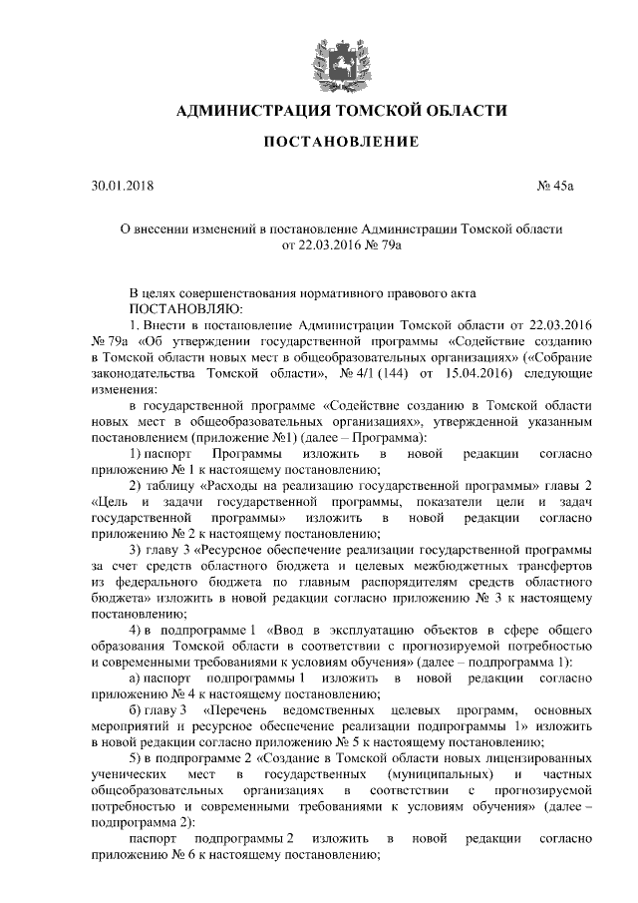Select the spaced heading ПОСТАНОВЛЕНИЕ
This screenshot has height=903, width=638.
[x=340, y=143]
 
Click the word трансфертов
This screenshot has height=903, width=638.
[x=542, y=566]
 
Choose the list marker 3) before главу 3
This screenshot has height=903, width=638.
[x=137, y=550]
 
